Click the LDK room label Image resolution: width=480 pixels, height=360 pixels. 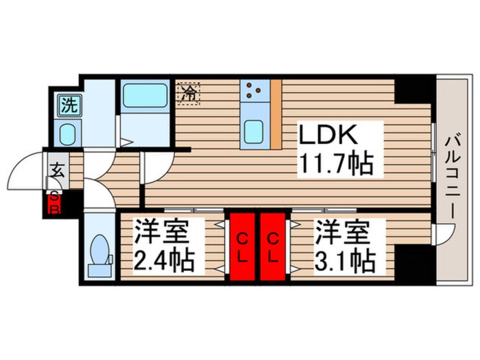tap(328, 136)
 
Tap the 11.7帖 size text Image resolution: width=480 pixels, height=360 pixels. tap(335, 165)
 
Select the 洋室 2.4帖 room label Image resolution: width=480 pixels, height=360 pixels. tap(164, 246)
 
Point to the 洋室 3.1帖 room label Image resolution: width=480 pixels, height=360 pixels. tap(345, 246)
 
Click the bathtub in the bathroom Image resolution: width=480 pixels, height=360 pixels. tap(144, 95)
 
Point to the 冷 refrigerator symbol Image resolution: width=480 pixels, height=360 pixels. tap(190, 93)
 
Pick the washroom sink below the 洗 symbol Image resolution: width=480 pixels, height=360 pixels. tap(69, 134)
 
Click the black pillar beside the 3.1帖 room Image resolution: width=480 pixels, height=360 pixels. tap(414, 263)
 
